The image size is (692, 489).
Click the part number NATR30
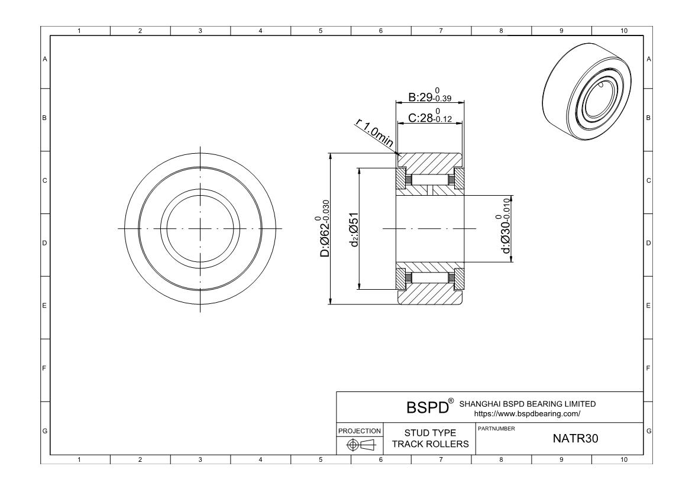(575, 438)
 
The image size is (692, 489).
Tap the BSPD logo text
(427, 407)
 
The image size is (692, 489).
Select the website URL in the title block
(528, 414)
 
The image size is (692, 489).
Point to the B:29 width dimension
(429, 96)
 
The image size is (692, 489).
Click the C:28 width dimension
(429, 116)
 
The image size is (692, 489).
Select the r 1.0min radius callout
(375, 134)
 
